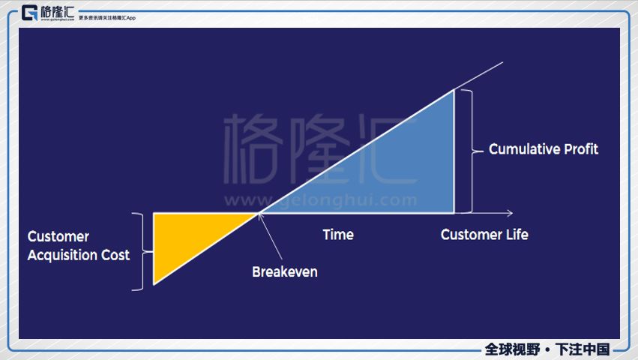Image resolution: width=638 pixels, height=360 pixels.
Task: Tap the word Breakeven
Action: (x=285, y=271)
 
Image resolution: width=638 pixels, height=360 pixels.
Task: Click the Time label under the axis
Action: (x=338, y=235)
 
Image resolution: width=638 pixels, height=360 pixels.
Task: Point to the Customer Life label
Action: (x=484, y=235)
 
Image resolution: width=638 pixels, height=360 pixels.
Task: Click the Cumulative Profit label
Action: (x=544, y=149)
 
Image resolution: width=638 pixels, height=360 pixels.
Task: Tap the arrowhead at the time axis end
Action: (x=510, y=214)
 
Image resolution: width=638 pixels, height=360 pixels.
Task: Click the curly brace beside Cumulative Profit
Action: (x=470, y=151)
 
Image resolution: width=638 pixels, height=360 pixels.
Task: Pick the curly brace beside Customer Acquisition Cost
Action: (x=137, y=251)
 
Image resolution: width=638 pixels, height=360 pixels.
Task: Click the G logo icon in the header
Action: (x=29, y=13)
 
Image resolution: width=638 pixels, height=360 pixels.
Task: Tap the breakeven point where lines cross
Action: (x=259, y=214)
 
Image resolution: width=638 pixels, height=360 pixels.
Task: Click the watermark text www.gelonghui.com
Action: (x=321, y=201)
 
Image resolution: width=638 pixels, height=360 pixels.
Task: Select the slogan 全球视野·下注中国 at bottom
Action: (x=547, y=349)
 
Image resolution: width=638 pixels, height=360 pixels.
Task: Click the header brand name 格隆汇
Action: (x=58, y=10)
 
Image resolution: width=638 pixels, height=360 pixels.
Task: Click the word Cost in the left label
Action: (x=115, y=255)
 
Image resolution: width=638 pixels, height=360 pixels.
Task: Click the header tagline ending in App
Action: (x=107, y=17)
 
